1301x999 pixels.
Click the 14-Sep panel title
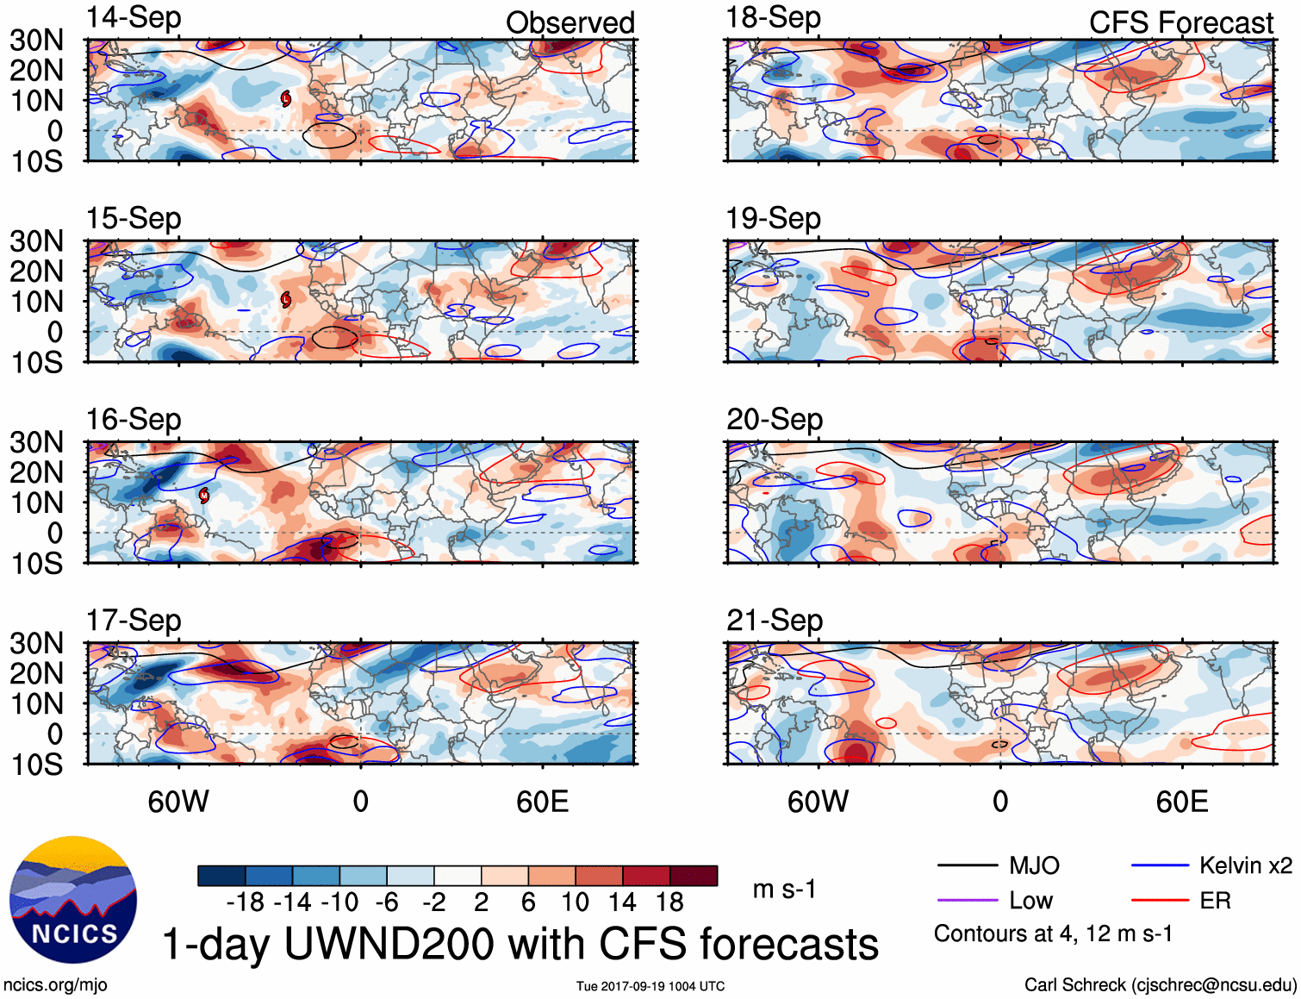[134, 18]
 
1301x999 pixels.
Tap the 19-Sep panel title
[773, 219]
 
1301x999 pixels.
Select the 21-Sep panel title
[774, 621]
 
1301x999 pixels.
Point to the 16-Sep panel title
[134, 420]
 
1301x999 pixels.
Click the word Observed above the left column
[570, 22]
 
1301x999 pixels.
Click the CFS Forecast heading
[1180, 22]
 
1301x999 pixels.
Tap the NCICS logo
[73, 899]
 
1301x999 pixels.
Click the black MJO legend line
[967, 865]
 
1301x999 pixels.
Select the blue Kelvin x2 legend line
[1160, 865]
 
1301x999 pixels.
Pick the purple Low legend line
[967, 901]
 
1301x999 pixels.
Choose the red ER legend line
[1160, 901]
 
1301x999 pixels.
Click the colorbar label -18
[245, 902]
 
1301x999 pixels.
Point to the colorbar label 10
[575, 902]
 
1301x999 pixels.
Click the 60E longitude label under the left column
[542, 802]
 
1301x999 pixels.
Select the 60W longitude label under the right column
[818, 802]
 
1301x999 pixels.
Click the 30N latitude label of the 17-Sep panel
[36, 643]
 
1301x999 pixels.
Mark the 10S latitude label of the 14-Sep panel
[36, 161]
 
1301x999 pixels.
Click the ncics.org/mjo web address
[55, 985]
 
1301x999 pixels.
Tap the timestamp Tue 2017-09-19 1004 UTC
[650, 986]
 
